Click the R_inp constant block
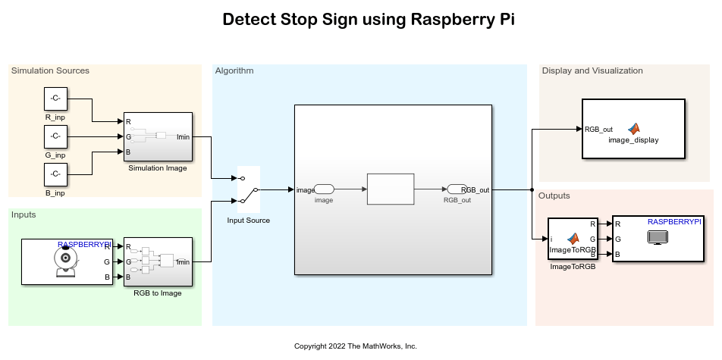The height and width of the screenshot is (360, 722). click(55, 99)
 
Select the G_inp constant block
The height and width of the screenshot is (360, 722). click(55, 136)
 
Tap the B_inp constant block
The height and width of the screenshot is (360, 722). click(55, 174)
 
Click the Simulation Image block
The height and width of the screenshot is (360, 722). click(158, 136)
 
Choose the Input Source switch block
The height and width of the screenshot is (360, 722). click(249, 189)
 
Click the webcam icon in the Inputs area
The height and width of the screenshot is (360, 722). click(66, 261)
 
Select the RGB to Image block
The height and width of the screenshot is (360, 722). click(158, 261)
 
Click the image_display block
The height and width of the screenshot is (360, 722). click(633, 129)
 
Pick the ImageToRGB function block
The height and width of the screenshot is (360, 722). click(573, 239)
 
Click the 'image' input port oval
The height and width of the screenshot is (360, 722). click(324, 189)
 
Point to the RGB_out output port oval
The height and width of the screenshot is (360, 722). click(457, 189)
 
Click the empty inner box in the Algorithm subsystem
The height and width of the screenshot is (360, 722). click(391, 189)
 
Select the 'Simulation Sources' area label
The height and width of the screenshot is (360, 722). click(50, 71)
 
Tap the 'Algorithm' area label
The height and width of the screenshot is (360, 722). click(234, 71)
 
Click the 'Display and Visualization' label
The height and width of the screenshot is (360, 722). click(592, 71)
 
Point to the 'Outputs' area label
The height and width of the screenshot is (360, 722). click(554, 196)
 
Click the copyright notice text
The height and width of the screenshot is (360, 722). click(356, 346)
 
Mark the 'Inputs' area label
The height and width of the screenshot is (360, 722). click(24, 215)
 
